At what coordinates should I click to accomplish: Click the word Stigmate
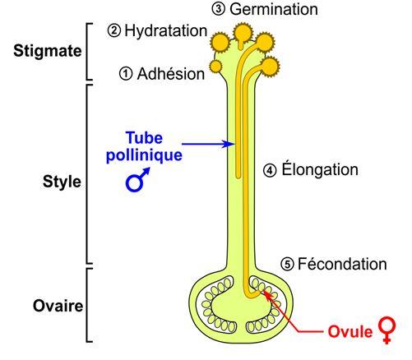[48, 51]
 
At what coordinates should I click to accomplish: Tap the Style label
[62, 182]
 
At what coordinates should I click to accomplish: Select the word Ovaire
[58, 306]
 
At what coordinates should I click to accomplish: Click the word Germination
[274, 9]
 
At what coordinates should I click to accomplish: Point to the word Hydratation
[166, 30]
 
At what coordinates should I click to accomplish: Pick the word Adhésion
[171, 74]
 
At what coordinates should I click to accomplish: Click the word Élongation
[320, 169]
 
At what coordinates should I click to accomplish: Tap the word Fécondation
[342, 264]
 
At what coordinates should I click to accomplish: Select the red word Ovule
[350, 331]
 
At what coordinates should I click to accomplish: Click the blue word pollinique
[144, 155]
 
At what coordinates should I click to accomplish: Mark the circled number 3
[219, 9]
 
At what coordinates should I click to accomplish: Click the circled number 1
[126, 74]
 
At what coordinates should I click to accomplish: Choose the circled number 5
[287, 265]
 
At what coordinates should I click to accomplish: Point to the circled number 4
[270, 170]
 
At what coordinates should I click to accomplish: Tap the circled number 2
[114, 30]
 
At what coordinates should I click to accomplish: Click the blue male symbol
[137, 181]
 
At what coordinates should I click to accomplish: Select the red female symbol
[387, 330]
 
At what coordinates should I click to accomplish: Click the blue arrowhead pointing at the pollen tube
[229, 144]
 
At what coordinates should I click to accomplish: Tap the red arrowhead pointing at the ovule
[267, 295]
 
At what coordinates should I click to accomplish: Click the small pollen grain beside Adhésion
[216, 67]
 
